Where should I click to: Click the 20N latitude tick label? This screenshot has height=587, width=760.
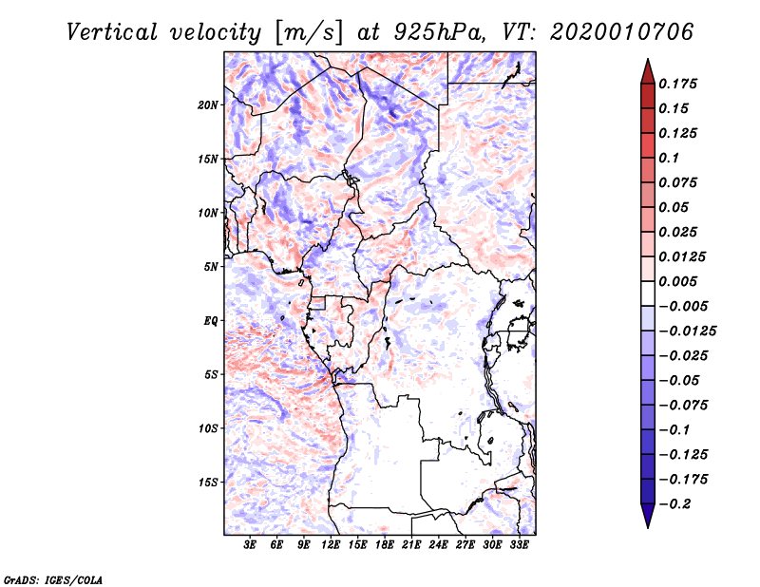[208, 104]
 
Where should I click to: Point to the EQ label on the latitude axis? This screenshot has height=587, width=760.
[211, 321]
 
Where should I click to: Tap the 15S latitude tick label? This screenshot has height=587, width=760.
[208, 483]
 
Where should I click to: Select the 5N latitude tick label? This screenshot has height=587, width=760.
[211, 267]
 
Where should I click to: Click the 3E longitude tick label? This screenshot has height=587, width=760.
[251, 545]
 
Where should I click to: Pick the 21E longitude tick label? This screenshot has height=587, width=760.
[411, 545]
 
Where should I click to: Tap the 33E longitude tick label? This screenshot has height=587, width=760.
[519, 545]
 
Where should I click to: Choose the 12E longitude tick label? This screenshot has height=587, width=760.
[332, 545]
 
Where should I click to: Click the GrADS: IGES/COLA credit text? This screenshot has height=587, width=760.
[53, 578]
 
